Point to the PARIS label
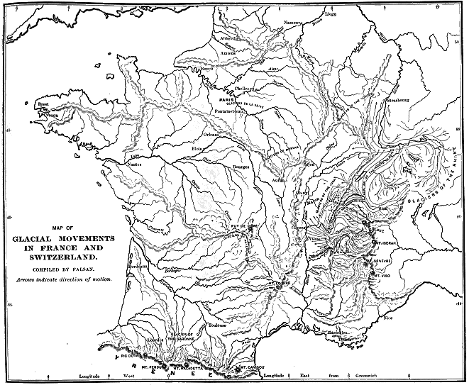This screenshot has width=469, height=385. coord(226,101)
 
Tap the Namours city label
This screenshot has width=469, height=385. coord(292,23)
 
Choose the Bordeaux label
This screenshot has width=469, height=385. coord(138,265)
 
